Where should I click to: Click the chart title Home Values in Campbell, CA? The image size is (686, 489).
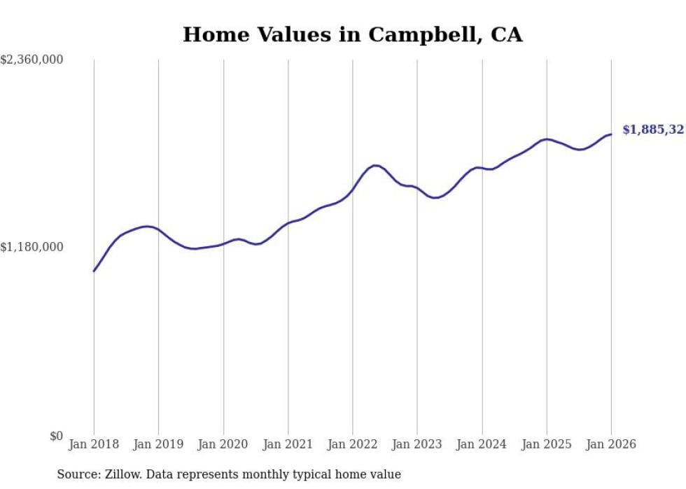(352, 34)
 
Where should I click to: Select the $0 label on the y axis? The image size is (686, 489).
(56, 436)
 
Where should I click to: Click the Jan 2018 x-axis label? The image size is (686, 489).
(94, 444)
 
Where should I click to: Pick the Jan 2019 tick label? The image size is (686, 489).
(158, 444)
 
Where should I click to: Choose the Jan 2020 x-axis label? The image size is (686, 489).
(223, 444)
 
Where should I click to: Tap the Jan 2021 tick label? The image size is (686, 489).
(288, 444)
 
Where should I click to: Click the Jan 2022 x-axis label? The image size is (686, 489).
(352, 444)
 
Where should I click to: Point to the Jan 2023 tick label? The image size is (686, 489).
(417, 444)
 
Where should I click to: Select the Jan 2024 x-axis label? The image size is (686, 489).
(482, 444)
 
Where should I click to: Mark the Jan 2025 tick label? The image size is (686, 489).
(546, 444)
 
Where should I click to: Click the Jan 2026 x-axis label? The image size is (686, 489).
(611, 444)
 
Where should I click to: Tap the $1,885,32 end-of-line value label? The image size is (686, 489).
(652, 129)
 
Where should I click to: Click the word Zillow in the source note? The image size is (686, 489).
(121, 474)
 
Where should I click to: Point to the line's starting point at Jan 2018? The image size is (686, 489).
(94, 271)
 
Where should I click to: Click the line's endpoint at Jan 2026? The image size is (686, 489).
(611, 134)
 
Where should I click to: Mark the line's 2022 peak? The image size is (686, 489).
(376, 165)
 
